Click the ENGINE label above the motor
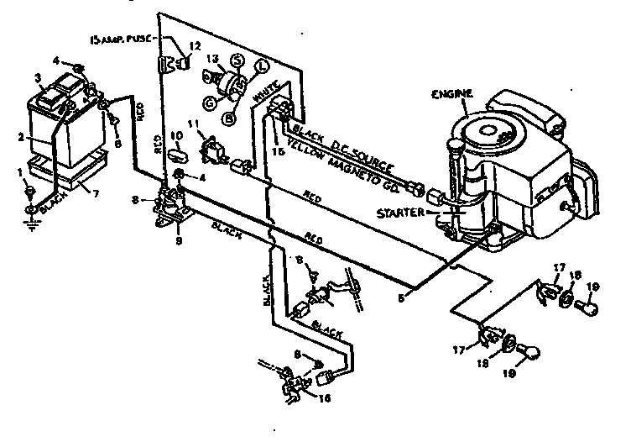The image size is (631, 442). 453,92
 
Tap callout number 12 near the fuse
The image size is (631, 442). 196,45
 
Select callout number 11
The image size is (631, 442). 200,124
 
